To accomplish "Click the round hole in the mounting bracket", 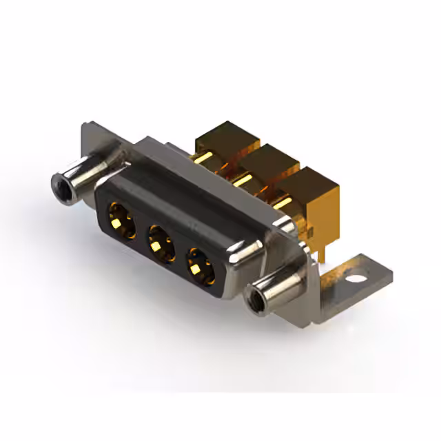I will pos(356,280).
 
